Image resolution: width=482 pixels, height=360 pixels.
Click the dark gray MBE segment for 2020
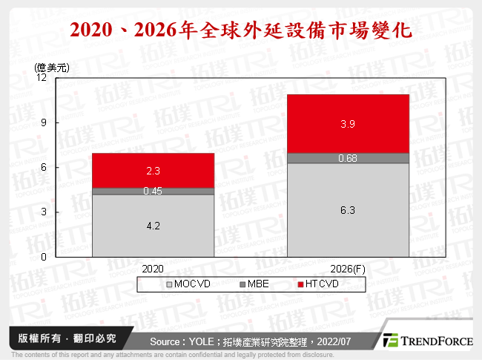153,191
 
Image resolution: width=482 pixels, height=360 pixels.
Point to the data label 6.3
348,211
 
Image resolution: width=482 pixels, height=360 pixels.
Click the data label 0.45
153,191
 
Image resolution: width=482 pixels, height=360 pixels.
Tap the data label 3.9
348,124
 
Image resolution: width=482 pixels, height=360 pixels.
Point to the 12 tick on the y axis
42,78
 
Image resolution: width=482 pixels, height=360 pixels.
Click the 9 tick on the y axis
44,122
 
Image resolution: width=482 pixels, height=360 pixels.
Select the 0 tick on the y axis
44,257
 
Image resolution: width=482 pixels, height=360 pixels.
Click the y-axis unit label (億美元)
51,67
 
